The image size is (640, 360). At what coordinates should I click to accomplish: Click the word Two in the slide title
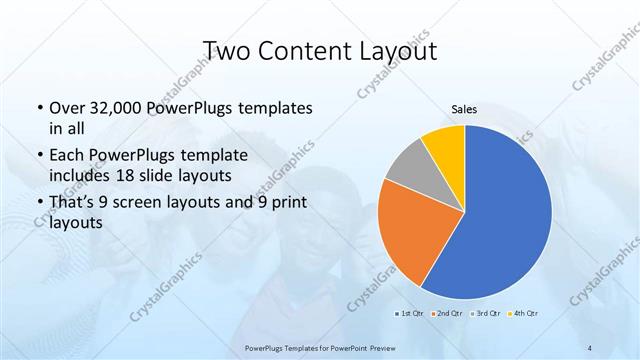[x=227, y=50]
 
